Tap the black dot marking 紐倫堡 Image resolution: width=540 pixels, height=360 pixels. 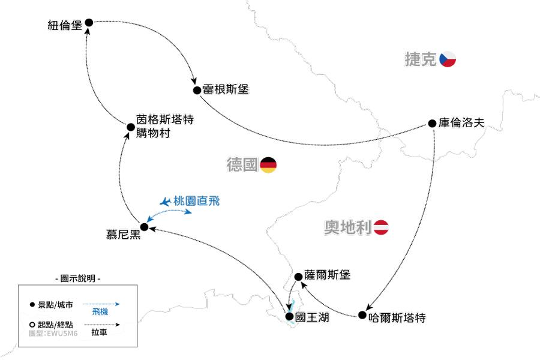pyautogui.click(x=89, y=22)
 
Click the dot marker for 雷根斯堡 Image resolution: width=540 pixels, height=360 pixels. pyautogui.click(x=197, y=90)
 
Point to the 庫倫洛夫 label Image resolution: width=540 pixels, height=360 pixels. pyautogui.click(x=461, y=123)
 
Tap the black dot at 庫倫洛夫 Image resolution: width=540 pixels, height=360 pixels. pyautogui.click(x=432, y=123)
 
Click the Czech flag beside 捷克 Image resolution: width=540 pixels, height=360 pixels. pyautogui.click(x=448, y=59)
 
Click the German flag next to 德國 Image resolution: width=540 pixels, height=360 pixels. pyautogui.click(x=268, y=165)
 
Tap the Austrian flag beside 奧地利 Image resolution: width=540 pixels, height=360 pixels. pyautogui.click(x=383, y=227)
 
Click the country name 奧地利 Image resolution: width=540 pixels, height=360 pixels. pyautogui.click(x=348, y=228)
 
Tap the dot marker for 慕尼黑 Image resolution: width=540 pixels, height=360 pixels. pyautogui.click(x=144, y=226)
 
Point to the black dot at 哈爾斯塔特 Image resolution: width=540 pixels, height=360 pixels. pyautogui.click(x=362, y=314)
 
